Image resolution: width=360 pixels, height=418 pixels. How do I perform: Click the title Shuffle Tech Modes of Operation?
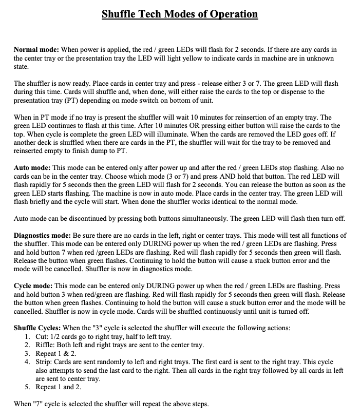coord(180,14)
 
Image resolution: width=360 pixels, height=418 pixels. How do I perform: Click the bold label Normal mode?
coord(36,49)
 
